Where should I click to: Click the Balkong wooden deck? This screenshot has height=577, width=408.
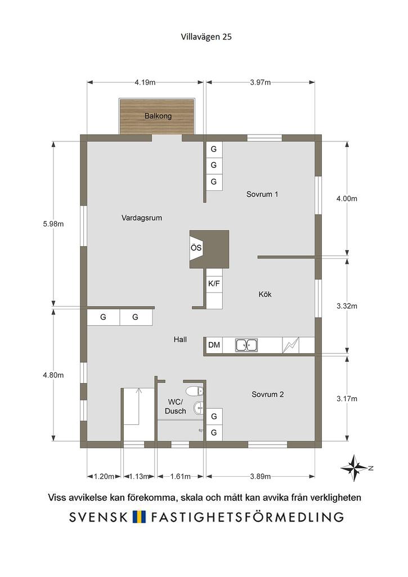[156, 116]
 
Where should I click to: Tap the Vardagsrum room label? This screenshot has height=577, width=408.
[141, 218]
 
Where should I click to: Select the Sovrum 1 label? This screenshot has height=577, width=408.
[262, 194]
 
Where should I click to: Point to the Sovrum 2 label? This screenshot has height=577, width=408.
[267, 394]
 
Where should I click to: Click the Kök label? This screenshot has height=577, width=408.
[265, 294]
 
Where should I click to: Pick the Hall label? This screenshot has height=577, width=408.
[180, 340]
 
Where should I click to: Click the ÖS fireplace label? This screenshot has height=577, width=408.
[196, 248]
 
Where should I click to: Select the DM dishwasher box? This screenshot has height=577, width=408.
[214, 345]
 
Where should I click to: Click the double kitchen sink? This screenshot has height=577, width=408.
[246, 345]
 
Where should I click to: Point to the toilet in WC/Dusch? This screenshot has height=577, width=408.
[195, 391]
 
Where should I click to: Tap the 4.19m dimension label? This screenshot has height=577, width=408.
[145, 82]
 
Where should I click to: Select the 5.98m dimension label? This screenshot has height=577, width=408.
[53, 224]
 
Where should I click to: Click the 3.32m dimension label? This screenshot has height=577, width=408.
[347, 306]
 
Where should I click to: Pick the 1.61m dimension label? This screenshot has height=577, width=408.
[180, 477]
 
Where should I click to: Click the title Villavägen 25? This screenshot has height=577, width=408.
[206, 37]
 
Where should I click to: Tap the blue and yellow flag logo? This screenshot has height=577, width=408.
[140, 517]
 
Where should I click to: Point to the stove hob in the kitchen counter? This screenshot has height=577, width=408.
[291, 345]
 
